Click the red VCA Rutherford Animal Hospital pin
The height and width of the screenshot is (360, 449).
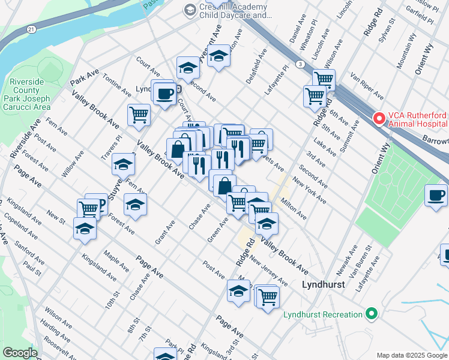[x=379, y=118]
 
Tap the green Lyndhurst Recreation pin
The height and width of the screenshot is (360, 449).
[x=371, y=314]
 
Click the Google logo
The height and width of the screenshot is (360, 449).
[x=20, y=353]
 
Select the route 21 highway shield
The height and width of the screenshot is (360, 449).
[x=31, y=29]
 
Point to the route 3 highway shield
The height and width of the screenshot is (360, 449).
[x=298, y=63]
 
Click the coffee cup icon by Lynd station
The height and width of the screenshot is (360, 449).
[x=163, y=92]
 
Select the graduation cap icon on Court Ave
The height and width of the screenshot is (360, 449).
[x=188, y=68]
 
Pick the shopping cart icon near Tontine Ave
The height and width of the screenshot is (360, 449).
[x=139, y=114]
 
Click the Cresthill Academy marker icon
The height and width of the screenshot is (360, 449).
[x=190, y=10]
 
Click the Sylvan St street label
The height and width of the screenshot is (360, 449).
[x=387, y=30]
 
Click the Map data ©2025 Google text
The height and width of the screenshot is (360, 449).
[x=412, y=355]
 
